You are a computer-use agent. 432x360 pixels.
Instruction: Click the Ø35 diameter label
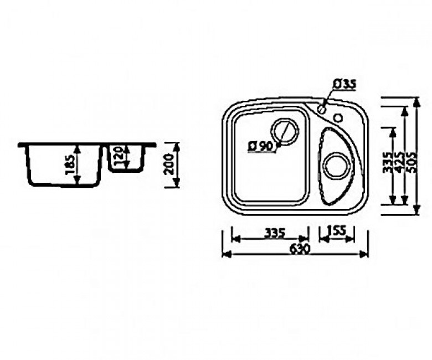(x=344, y=84)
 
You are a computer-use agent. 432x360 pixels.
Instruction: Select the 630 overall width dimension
(x=299, y=249)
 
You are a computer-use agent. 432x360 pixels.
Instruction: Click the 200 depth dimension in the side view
(x=171, y=164)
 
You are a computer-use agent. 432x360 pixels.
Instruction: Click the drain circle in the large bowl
(x=285, y=132)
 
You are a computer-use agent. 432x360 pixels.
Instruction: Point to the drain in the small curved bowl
(x=338, y=166)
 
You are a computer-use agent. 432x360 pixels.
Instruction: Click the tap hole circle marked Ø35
(x=322, y=109)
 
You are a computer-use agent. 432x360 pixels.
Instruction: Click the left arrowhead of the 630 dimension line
(x=225, y=254)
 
